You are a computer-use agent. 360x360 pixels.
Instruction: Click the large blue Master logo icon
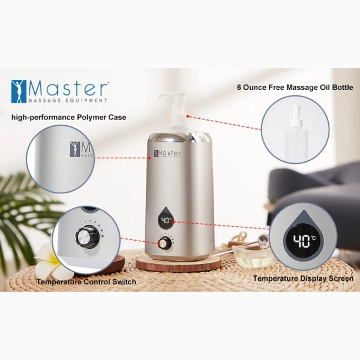point(19,91)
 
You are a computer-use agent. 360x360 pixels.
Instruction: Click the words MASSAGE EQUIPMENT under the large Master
point(68,100)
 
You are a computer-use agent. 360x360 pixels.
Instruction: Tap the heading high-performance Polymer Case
point(68,118)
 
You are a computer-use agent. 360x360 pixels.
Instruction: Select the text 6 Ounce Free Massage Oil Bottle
point(295,88)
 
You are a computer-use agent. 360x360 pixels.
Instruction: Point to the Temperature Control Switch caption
point(86,282)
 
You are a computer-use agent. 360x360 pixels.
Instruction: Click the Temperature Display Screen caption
point(303,278)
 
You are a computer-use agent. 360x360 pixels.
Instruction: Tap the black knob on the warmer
point(164,243)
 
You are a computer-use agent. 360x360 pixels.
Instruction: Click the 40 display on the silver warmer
point(166,221)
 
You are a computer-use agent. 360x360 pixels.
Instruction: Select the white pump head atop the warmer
point(172,101)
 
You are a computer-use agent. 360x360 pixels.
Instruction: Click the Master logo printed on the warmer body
point(167,154)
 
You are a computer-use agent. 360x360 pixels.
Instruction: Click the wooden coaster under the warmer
point(178,263)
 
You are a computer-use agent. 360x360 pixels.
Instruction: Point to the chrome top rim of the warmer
point(179,139)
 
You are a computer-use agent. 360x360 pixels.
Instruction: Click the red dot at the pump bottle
point(188,116)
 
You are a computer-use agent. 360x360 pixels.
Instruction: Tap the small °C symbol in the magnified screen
point(313,238)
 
